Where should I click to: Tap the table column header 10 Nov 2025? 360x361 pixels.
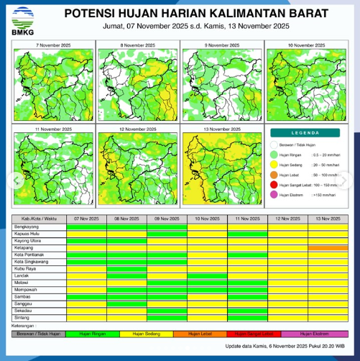coord(208,218)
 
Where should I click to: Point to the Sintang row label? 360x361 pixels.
coord(22,316)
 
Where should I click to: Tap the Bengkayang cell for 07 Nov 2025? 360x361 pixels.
coord(86,227)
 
